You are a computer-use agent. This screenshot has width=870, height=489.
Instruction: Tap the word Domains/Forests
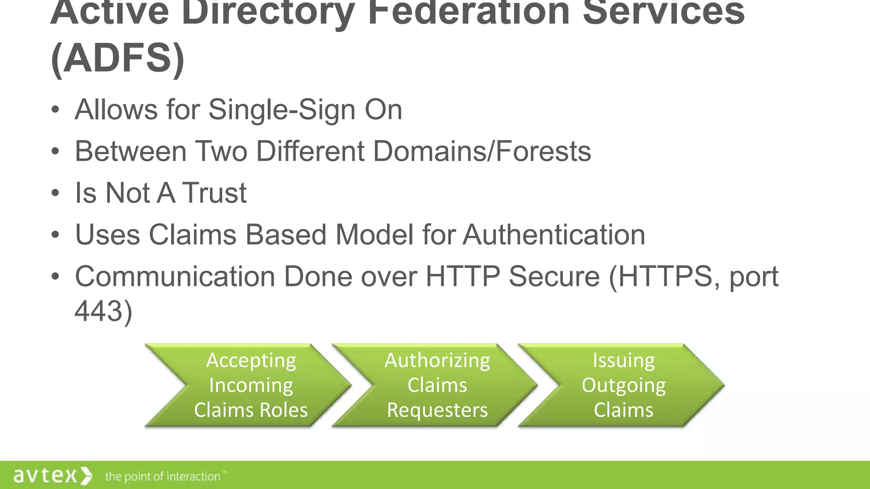point(482,151)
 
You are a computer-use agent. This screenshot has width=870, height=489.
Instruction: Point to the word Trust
point(214,193)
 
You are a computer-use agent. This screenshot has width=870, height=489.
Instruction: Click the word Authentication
point(554,234)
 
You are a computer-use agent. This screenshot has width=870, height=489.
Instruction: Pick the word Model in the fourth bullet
point(374,234)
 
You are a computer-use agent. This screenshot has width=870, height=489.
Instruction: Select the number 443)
point(104,311)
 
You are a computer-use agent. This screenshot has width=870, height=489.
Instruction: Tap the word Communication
point(175,276)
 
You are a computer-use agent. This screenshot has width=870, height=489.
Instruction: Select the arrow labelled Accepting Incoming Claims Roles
point(251,385)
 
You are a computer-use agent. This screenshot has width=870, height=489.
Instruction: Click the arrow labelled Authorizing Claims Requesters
point(437,385)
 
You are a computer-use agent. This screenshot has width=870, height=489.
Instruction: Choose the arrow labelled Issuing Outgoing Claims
point(623,385)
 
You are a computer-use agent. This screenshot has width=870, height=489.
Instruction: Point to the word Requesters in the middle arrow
point(437,410)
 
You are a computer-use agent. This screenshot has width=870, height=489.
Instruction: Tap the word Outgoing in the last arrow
point(623,385)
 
